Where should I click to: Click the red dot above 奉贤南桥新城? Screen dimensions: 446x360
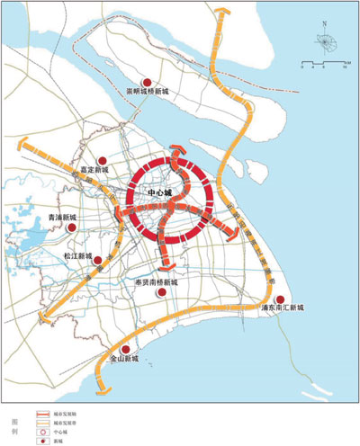click(162, 290)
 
